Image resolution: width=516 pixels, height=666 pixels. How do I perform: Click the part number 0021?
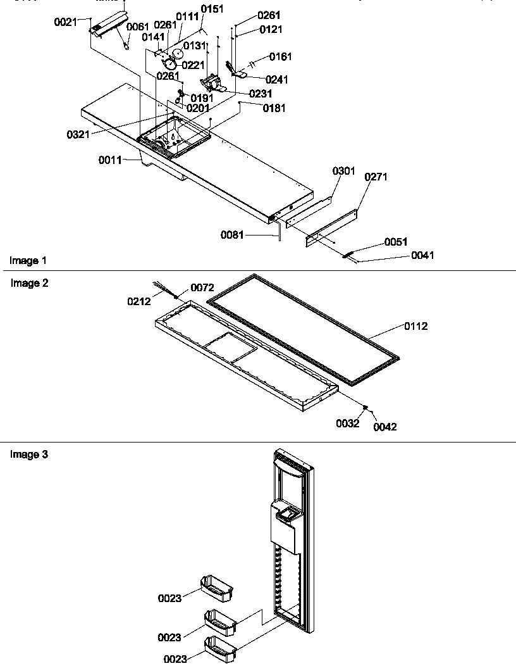64,22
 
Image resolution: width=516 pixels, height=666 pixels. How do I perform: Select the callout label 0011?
109,160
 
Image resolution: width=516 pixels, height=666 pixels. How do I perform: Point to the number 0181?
274,108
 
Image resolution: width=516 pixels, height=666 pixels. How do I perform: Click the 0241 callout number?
277,80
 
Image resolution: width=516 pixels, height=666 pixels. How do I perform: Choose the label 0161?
281,57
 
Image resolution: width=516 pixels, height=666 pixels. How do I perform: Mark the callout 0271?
376,177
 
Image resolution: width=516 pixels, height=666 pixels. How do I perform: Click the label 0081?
232,236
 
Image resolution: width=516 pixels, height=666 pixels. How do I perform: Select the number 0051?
396,242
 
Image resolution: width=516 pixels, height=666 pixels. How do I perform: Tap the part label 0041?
422,256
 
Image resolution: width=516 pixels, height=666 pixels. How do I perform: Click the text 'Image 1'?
28,261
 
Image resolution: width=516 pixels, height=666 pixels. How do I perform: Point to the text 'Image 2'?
29,284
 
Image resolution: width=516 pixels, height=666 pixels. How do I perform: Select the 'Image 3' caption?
29,455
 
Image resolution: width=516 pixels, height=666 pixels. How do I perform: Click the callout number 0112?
417,327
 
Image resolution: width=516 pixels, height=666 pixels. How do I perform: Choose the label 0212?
140,302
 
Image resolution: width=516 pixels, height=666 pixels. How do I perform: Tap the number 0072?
202,288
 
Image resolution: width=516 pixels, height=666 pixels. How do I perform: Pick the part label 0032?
348,424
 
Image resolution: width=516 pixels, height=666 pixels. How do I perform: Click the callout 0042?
385,427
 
